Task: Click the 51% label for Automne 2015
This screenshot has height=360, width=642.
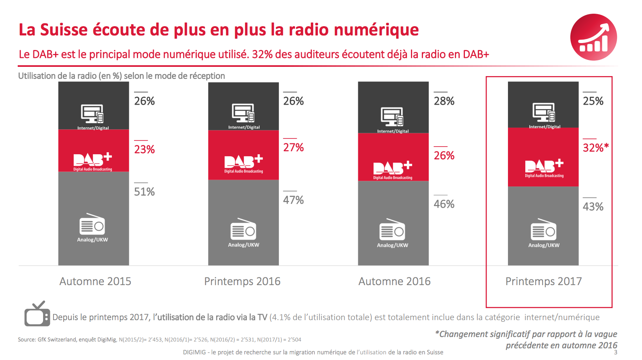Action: pyautogui.click(x=145, y=192)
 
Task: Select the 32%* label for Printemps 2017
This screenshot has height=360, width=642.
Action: pyautogui.click(x=595, y=148)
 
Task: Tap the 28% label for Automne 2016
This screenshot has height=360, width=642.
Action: pyautogui.click(x=444, y=101)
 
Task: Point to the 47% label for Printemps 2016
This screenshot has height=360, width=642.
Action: pyautogui.click(x=293, y=200)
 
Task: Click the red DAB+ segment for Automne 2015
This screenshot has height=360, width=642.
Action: pyautogui.click(x=93, y=151)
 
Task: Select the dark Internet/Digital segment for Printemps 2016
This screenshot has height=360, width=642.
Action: pyautogui.click(x=243, y=106)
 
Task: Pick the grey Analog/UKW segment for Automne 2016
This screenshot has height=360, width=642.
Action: pyautogui.click(x=393, y=223)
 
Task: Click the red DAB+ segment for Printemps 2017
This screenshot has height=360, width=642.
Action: pyautogui.click(x=543, y=157)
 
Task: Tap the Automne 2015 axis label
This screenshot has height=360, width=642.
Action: pyautogui.click(x=95, y=281)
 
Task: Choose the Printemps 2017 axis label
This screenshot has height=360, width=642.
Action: pyautogui.click(x=543, y=281)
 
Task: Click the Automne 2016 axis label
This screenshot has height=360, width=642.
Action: pyautogui.click(x=394, y=281)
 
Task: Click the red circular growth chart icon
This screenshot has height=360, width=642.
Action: pyautogui.click(x=593, y=37)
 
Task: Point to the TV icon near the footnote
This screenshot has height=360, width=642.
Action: pyautogui.click(x=37, y=314)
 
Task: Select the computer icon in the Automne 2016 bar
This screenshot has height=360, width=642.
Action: pyautogui.click(x=392, y=117)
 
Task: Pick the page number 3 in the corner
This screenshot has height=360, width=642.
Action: pyautogui.click(x=615, y=352)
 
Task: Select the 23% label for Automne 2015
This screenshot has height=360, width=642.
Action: pyautogui.click(x=145, y=149)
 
